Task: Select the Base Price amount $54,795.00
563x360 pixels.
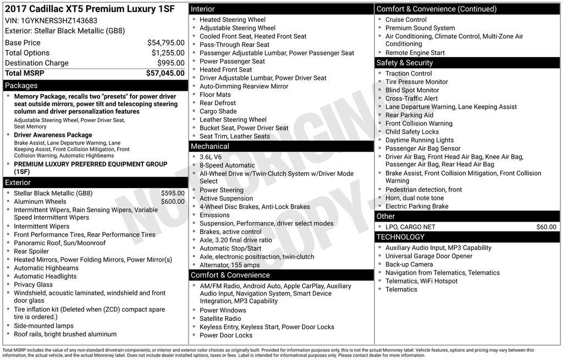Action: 166,43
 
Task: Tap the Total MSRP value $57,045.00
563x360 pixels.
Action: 165,73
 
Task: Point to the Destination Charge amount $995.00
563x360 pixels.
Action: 171,63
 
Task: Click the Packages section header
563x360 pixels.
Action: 21,86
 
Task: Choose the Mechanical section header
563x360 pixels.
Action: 209,147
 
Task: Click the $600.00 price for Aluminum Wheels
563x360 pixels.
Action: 173,202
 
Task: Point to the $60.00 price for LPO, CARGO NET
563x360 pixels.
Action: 546,227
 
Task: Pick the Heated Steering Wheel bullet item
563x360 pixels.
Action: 232,20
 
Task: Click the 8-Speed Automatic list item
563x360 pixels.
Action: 227,165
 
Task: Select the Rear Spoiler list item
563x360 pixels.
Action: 31,252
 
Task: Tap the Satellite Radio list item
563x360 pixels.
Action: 220,319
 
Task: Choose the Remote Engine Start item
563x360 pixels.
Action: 415,53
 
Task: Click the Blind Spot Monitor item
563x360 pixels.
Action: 412,90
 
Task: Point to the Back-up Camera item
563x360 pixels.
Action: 409,264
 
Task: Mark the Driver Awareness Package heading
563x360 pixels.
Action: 53,135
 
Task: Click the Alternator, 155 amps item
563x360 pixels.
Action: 229,265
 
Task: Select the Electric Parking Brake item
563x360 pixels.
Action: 417,207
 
